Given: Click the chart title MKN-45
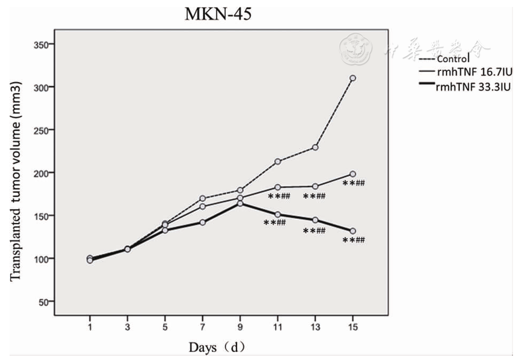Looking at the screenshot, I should click(x=218, y=14).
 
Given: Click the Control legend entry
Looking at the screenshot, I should click(x=453, y=59).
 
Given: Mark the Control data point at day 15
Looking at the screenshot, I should click(x=352, y=78).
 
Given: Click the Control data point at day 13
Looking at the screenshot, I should click(x=315, y=147).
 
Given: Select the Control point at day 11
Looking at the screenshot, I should click(x=277, y=161).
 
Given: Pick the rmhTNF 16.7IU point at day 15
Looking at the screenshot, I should click(x=352, y=174).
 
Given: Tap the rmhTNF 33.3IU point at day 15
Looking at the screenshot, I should click(x=352, y=231).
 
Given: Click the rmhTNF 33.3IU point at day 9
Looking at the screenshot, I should click(x=240, y=203).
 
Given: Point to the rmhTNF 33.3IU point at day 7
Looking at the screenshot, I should click(x=203, y=222).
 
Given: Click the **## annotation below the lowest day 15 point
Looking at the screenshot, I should click(x=354, y=241).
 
